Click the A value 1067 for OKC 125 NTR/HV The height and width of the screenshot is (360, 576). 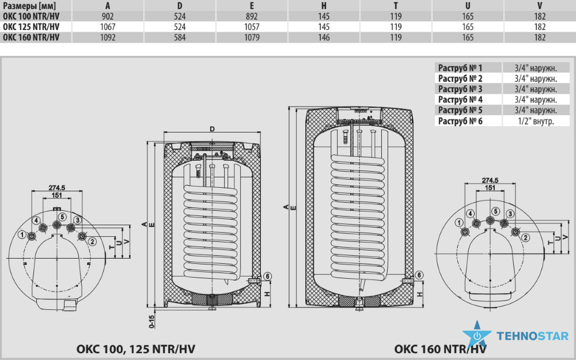(108, 27)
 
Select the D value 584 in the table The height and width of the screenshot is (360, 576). (180, 37)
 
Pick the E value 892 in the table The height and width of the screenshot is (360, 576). (252, 17)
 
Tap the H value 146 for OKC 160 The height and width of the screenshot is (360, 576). (324, 37)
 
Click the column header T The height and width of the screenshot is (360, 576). (396, 6)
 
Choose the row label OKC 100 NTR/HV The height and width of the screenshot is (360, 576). (31, 17)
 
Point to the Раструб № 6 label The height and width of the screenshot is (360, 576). (460, 121)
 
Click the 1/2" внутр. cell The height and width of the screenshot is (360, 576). (536, 121)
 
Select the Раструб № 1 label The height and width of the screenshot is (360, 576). (460, 67)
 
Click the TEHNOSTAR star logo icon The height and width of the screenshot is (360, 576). (477, 334)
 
